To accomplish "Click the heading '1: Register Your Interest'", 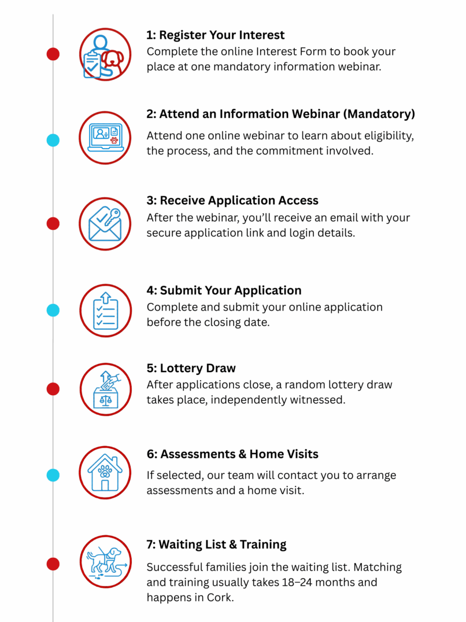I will pos(215,35).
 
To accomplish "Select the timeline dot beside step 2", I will pos(53,140).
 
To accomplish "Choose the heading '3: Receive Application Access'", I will pos(232,200).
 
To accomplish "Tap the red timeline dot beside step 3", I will pos(53,223).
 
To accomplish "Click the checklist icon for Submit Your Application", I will pos(105,311).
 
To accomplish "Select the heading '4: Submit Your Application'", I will pos(224,290).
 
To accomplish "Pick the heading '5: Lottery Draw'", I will pos(191,369).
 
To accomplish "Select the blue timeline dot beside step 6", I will pos(53,476).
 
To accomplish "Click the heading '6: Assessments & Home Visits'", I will pos(232,454).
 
